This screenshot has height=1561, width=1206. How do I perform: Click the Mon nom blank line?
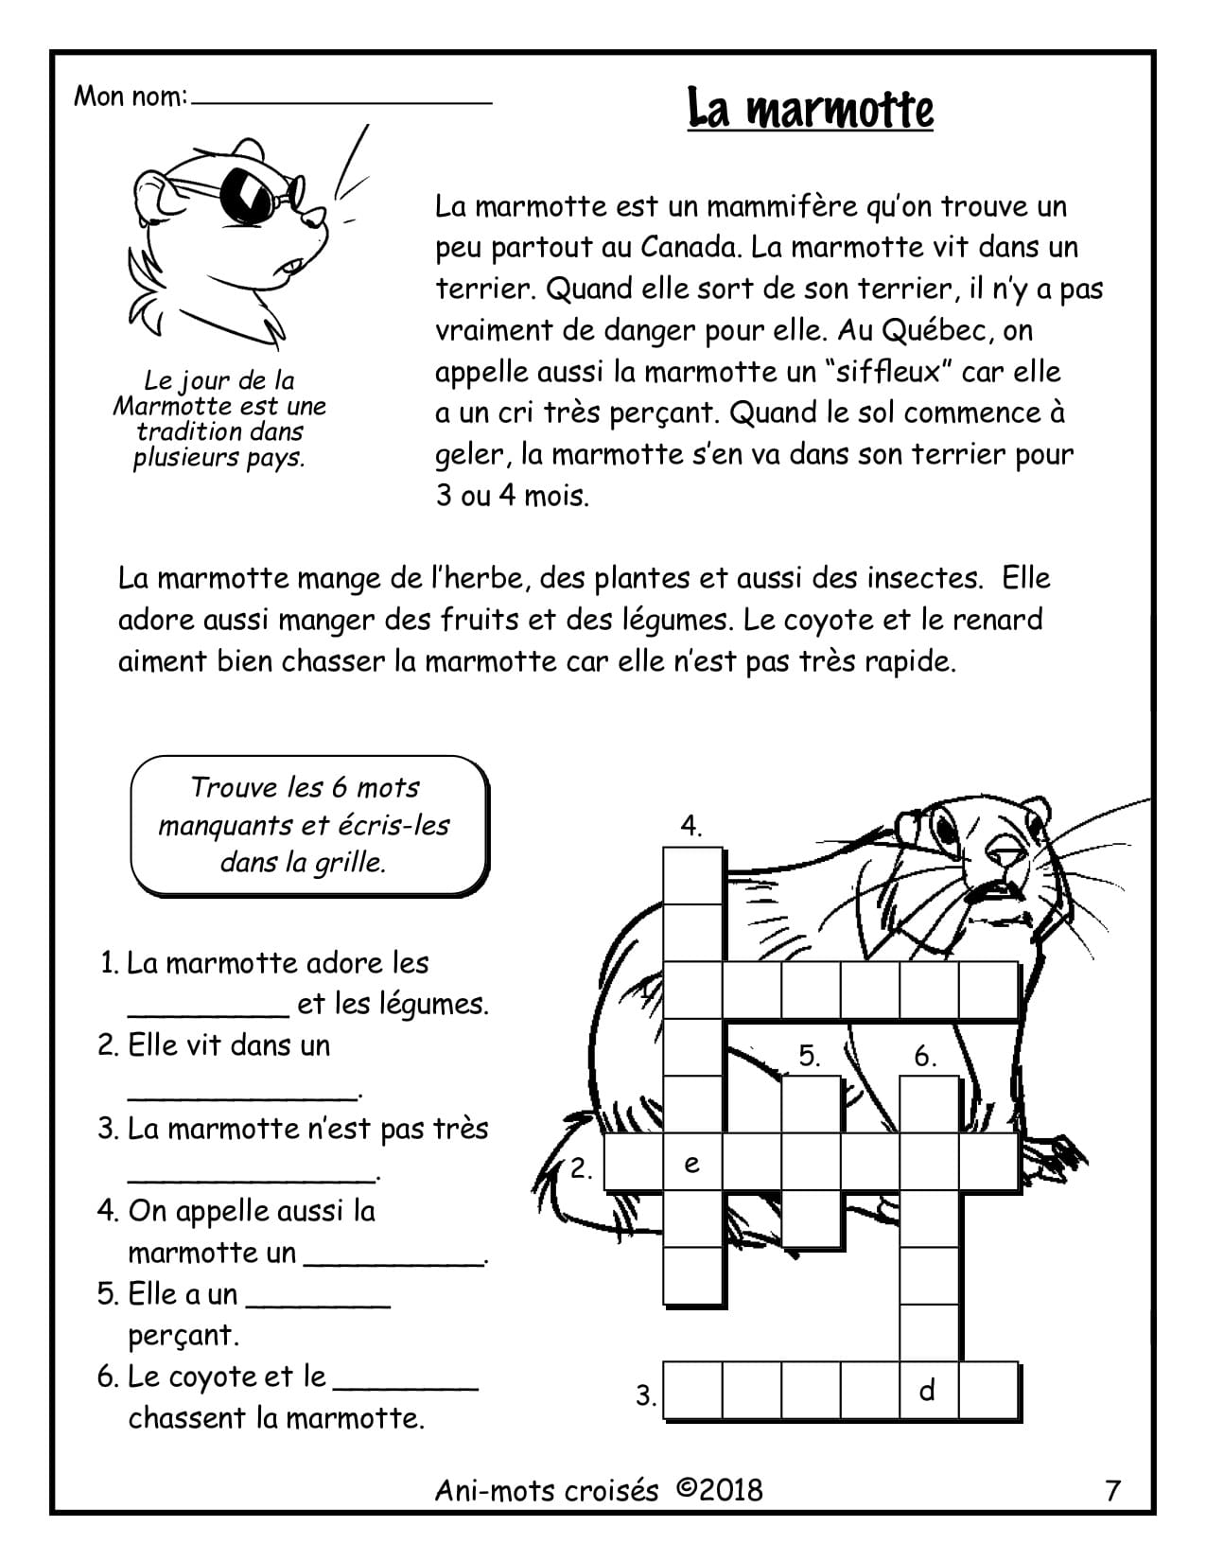(x=341, y=99)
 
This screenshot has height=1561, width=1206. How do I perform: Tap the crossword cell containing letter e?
(x=691, y=1164)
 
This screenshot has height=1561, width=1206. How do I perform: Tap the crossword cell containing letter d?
(x=928, y=1390)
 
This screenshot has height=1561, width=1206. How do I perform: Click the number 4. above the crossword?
(x=691, y=826)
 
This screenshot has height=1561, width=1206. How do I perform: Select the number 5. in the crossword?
(x=809, y=1056)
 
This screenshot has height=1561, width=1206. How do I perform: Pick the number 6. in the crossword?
(x=925, y=1056)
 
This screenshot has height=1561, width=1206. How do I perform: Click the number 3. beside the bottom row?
(x=646, y=1395)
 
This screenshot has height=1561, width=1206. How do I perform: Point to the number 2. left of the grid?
(x=581, y=1168)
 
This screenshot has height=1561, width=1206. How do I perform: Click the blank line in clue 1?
(x=208, y=1012)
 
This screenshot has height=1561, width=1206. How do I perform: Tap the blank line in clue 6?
(x=407, y=1386)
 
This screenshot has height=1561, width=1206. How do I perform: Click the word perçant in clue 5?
(x=183, y=1336)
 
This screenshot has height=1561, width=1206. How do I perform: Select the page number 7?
(x=1112, y=1491)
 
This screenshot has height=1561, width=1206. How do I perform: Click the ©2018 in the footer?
(x=719, y=1490)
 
